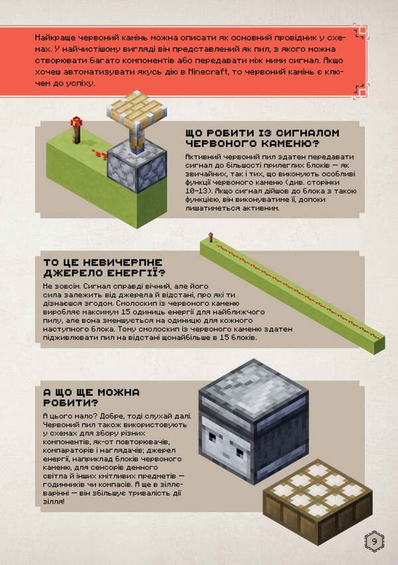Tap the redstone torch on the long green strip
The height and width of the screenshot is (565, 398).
coord(208,236)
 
